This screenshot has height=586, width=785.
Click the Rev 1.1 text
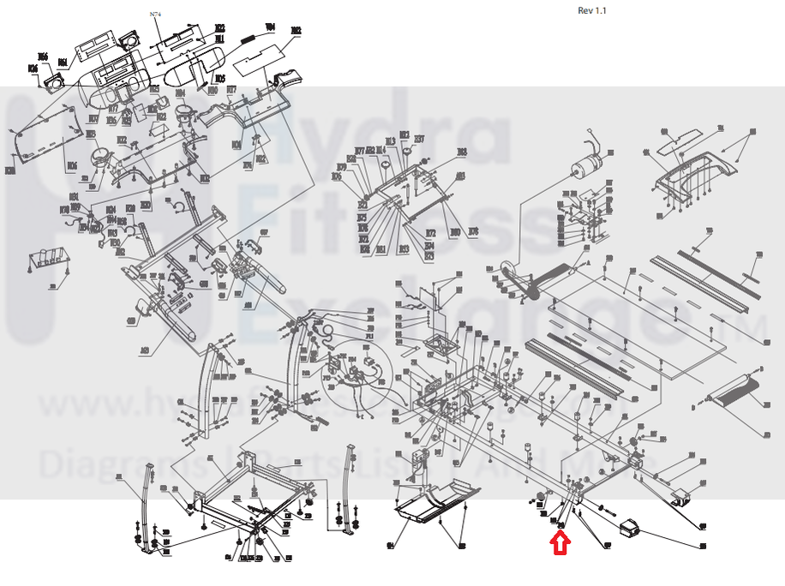[592, 10]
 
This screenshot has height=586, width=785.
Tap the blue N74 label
[154, 15]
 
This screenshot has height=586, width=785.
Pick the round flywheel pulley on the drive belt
[509, 273]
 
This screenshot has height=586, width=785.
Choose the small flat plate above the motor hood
[684, 139]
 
